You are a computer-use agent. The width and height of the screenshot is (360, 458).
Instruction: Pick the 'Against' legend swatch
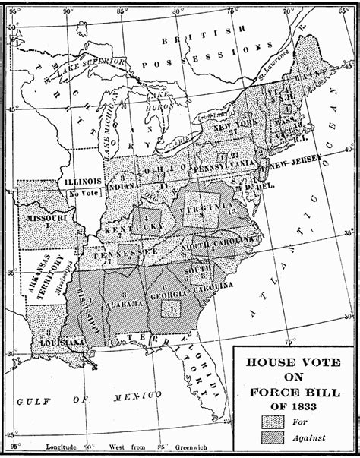(x=270, y=437)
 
